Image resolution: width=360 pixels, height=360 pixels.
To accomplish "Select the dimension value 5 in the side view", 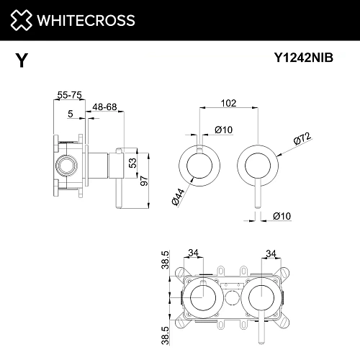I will pyautogui.click(x=70, y=113).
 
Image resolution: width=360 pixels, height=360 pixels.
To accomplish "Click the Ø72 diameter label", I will pyautogui.click(x=302, y=138).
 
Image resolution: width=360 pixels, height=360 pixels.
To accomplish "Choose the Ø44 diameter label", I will pyautogui.click(x=175, y=195).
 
